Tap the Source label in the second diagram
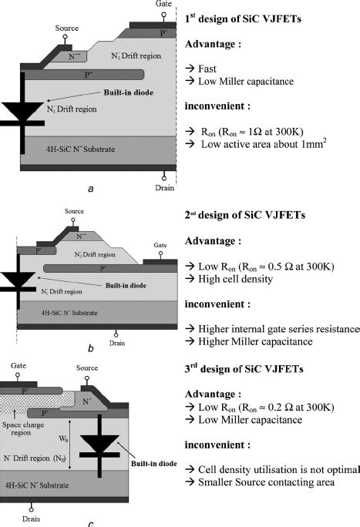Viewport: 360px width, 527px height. click(x=75, y=210)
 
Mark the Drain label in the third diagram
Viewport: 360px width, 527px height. click(x=32, y=519)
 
